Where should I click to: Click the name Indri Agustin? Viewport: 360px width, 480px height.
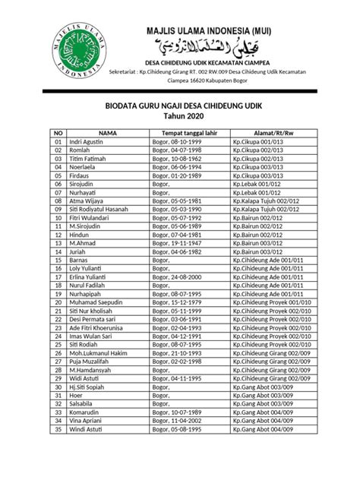87,142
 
